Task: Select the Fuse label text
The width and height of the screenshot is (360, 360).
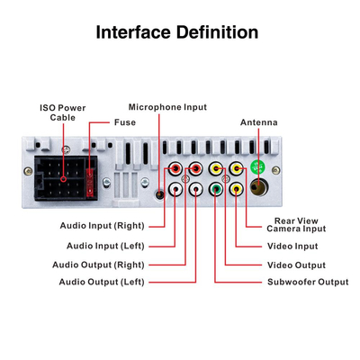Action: point(124,121)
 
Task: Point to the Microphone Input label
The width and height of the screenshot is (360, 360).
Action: point(167,107)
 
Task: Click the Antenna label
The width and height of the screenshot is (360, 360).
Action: point(258,122)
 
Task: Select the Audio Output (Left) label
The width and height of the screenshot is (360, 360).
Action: point(101,282)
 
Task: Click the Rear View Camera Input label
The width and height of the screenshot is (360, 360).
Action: point(300,225)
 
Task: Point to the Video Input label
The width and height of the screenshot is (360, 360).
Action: point(292,246)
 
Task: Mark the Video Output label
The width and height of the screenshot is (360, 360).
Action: point(296,265)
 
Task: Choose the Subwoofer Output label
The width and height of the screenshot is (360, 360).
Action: point(308,282)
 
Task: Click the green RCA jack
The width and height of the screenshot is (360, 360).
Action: point(217,188)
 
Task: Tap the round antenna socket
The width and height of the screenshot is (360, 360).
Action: point(260,187)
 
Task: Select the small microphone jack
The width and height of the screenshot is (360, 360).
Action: point(159,191)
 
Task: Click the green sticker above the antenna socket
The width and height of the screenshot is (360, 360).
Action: point(258,167)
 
